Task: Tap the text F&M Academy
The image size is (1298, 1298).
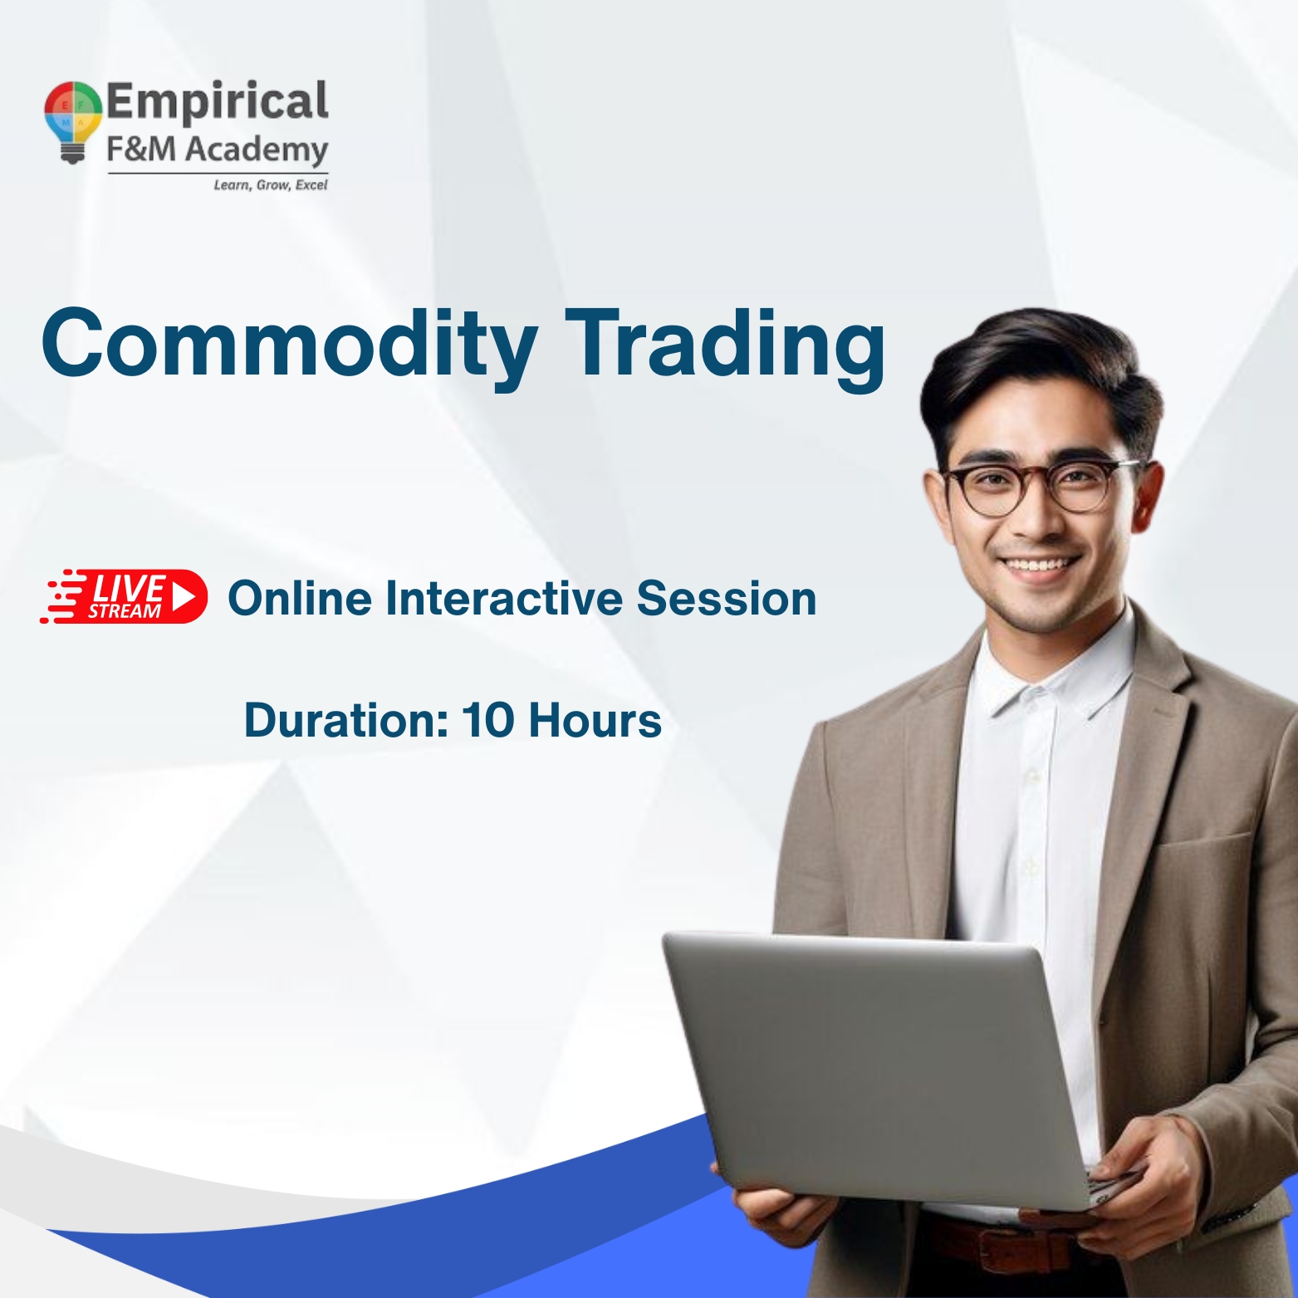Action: [217, 150]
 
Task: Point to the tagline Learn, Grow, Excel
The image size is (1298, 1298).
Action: [270, 185]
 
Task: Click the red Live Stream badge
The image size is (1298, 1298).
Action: [125, 597]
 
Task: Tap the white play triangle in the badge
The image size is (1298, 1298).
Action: [184, 596]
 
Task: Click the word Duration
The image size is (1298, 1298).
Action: [345, 720]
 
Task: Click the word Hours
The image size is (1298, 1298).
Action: [595, 720]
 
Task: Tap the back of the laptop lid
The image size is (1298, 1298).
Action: [872, 1071]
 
